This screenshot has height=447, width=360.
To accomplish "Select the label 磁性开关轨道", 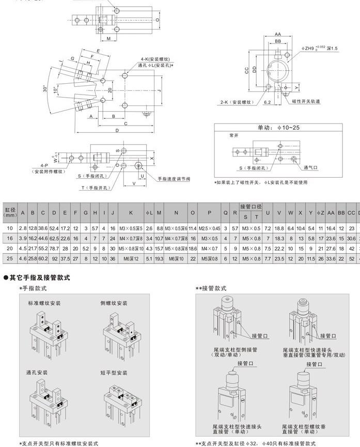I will point(306,102).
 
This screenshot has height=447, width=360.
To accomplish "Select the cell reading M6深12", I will point(131,257).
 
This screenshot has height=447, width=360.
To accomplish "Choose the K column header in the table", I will point(131,212).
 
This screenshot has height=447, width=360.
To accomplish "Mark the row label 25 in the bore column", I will point(9,257).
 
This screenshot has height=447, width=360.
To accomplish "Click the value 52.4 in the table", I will point(54,228).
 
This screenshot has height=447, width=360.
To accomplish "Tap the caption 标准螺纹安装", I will point(44,303).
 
